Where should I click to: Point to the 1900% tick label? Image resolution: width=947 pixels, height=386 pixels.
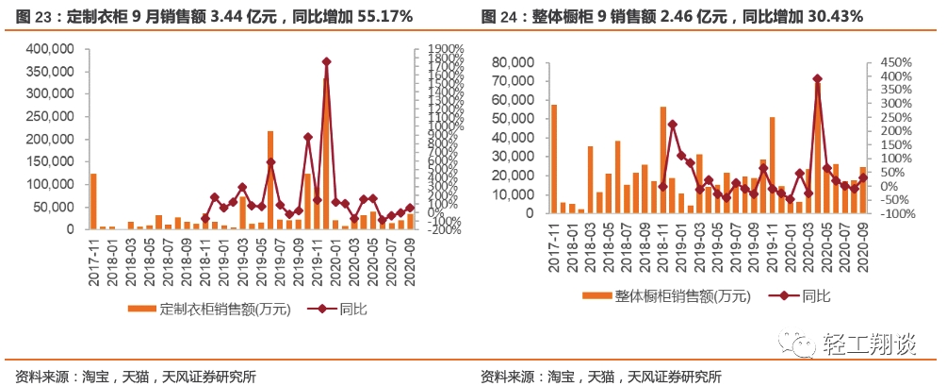(440, 49)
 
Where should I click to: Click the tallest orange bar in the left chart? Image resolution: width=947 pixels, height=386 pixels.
(326, 151)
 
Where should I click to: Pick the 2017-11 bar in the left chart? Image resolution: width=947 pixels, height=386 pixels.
(93, 201)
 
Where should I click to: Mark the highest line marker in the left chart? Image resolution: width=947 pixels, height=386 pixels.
(326, 61)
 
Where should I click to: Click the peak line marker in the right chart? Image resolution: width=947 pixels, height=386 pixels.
(817, 79)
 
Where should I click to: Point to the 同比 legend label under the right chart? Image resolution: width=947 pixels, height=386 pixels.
(816, 296)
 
